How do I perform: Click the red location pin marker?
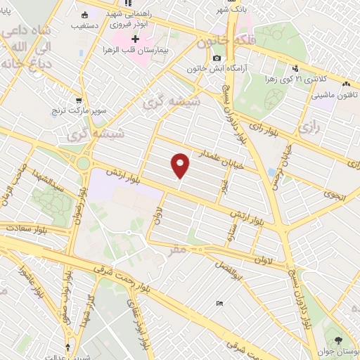tap(181, 165)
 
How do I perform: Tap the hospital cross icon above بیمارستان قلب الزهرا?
tap(137, 39)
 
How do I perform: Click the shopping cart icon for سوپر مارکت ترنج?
tap(86, 101)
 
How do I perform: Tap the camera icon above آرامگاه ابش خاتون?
tap(217, 58)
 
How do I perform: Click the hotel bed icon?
tap(220, 303)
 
